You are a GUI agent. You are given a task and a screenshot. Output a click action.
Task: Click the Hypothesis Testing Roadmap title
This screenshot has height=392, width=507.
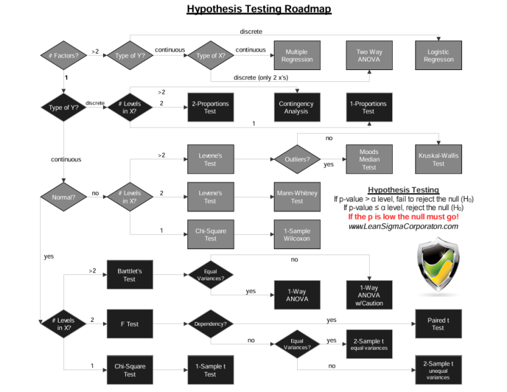[259, 9]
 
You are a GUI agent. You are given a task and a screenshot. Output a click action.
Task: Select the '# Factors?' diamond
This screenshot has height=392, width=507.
[64, 56]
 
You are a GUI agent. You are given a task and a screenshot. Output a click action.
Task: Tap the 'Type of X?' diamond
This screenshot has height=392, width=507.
[211, 56]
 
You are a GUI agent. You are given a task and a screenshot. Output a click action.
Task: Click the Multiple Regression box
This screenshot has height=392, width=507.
[297, 56]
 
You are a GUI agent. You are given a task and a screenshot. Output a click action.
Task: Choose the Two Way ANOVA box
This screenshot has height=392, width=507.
[369, 56]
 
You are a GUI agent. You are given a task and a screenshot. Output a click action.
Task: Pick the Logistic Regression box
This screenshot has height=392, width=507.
[438, 56]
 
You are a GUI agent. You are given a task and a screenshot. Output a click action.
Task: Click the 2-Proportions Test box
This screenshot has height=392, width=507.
[210, 107]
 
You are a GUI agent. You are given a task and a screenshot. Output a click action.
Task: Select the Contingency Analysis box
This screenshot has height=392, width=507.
[296, 107]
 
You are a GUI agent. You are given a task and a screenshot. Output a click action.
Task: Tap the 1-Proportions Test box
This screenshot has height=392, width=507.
[368, 107]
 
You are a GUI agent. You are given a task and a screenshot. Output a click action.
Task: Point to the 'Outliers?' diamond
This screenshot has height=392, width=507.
[297, 159]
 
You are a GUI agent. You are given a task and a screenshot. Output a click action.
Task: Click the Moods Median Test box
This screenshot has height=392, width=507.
[369, 159]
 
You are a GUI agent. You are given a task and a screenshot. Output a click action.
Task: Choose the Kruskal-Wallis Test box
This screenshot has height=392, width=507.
[438, 159]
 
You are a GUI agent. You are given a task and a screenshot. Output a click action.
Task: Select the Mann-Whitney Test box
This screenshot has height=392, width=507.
[297, 197]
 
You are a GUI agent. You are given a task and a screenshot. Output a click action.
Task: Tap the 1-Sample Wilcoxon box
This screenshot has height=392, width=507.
[297, 235]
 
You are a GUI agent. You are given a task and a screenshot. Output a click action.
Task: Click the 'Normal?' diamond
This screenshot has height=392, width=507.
[64, 197]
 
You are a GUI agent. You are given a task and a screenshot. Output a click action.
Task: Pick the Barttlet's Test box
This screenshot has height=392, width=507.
[129, 274]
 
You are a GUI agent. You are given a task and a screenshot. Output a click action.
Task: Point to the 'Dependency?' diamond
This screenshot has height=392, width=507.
[211, 324]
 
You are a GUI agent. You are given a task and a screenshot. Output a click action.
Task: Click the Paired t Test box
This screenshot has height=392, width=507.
[438, 324]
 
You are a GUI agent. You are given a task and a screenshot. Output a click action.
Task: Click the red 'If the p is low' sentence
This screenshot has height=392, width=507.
[403, 217]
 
